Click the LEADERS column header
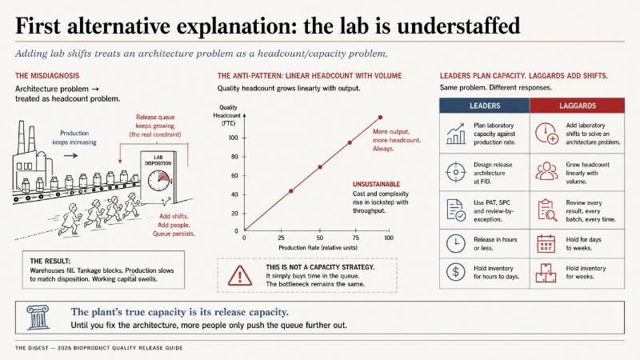coord(485,106)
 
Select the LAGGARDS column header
coord(577,106)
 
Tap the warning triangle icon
coord(239,275)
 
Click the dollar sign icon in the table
coord(455,272)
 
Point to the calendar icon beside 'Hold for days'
coord(546,244)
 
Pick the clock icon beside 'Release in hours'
coord(455,244)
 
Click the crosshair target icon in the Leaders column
coord(455,172)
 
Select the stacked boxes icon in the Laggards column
coord(546,273)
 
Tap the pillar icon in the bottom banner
coord(38,317)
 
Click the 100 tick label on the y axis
coord(233,138)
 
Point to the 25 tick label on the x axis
coord(282,238)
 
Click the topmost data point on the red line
coord(381,117)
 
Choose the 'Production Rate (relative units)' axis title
coord(318,248)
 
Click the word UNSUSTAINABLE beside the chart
coord(376,184)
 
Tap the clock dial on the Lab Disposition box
coord(158,181)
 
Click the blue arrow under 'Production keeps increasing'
coord(71,155)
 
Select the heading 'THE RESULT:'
coord(50,261)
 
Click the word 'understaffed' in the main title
coord(458,26)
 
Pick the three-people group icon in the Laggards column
coord(546,171)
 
